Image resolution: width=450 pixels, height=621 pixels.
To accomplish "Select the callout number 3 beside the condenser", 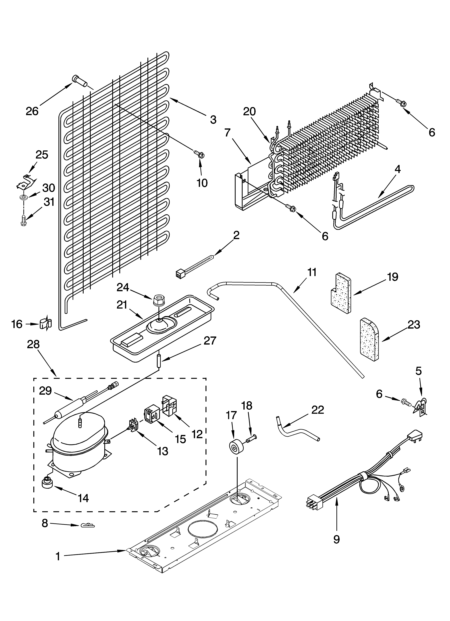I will (213, 120).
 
